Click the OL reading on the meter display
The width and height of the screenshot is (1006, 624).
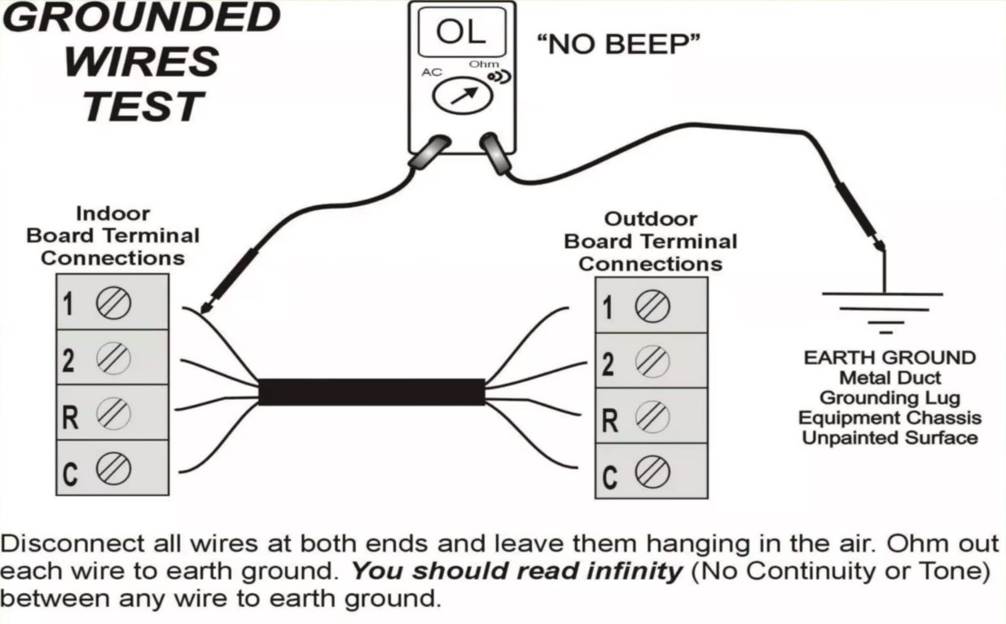click(461, 32)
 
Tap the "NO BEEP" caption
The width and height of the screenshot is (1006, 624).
click(618, 45)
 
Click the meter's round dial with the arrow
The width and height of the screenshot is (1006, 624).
click(462, 95)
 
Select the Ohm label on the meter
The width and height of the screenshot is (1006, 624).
click(483, 64)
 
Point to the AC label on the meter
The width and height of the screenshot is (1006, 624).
click(432, 73)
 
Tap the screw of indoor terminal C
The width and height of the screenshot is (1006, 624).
click(113, 468)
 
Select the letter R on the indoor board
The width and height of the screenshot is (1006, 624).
click(70, 417)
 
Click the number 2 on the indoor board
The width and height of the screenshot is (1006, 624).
click(68, 360)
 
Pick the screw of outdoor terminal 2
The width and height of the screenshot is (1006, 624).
click(652, 361)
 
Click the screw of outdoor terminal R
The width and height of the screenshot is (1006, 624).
click(652, 416)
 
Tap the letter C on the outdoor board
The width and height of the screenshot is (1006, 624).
click(609, 477)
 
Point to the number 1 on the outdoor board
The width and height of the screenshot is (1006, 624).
click(607, 308)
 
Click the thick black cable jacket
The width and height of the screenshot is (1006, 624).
click(372, 392)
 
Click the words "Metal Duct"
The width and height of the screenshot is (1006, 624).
click(890, 378)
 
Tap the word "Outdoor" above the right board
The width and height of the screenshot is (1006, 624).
click(651, 219)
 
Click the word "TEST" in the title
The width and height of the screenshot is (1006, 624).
click(143, 107)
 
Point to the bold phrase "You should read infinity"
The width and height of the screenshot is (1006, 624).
click(517, 571)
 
